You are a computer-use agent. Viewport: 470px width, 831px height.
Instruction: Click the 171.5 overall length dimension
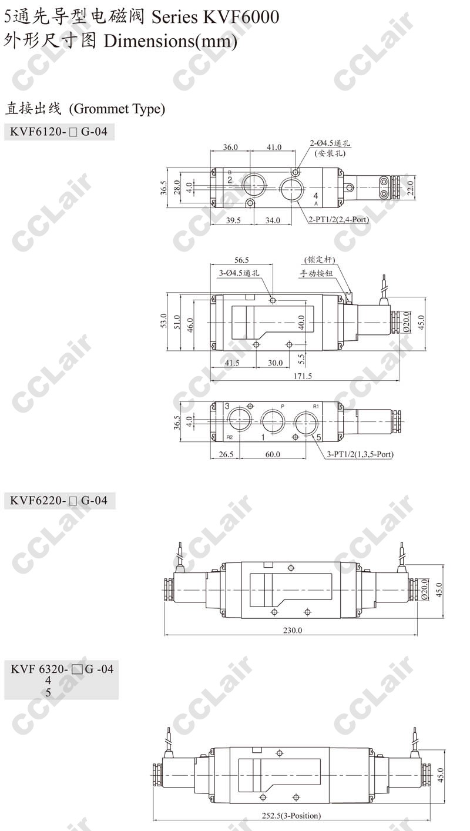coord(303,376)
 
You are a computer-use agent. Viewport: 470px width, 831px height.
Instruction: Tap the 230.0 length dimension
coord(293,630)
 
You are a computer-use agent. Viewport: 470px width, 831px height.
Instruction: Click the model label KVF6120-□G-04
coord(59,131)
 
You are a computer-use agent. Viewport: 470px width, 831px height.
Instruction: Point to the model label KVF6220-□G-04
coord(59,501)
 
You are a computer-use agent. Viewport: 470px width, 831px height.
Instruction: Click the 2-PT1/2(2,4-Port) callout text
coord(338,219)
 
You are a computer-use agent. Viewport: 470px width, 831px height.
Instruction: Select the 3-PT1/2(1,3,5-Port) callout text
coord(360,454)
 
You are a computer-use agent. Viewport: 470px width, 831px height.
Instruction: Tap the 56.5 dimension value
coord(241,260)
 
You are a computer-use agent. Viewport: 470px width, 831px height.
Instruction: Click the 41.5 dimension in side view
coord(232,363)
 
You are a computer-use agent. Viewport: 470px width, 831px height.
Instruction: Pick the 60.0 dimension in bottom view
coord(273,454)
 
